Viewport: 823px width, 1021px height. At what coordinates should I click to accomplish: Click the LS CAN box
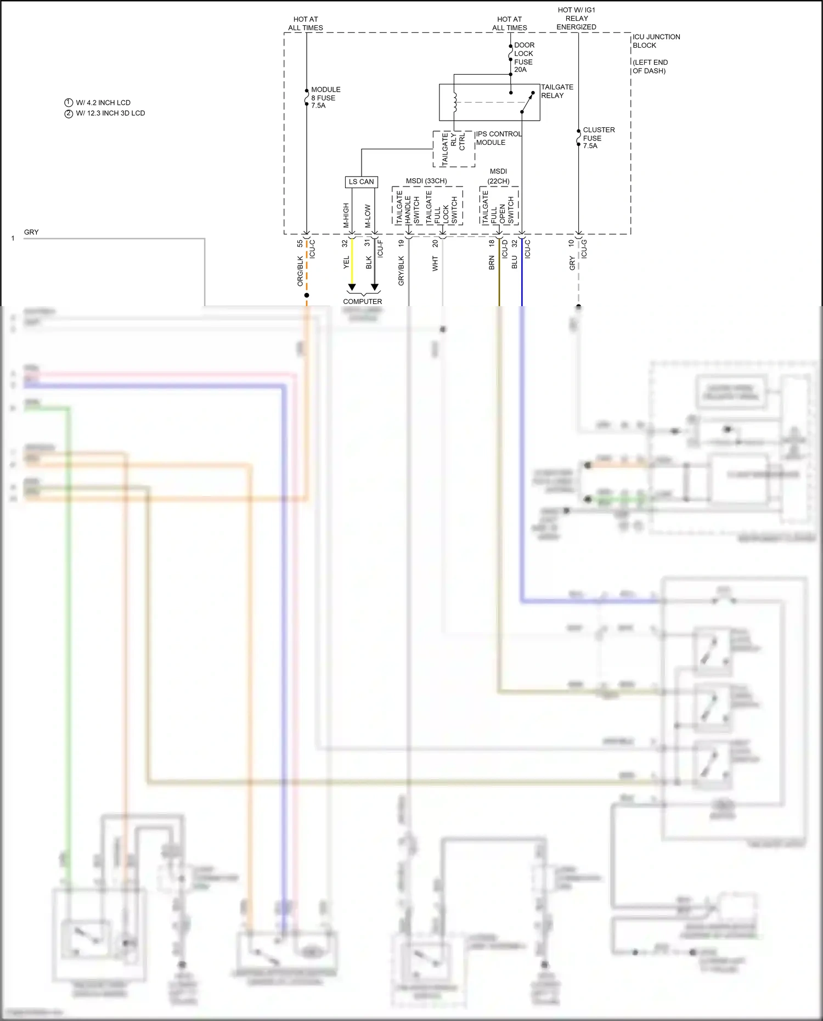[361, 182]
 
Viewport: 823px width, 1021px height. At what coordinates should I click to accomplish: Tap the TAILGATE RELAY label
[556, 91]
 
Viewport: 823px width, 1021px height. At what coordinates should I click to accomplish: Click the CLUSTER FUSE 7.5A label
[598, 138]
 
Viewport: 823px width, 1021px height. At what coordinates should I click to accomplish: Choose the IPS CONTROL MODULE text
[498, 138]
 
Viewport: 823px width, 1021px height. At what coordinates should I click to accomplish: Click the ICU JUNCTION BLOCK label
[656, 41]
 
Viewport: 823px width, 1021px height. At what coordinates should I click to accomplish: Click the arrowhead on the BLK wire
[375, 287]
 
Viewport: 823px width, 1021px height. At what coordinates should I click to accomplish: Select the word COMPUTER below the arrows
[362, 301]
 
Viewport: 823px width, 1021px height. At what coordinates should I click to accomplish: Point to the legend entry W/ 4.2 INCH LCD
[103, 103]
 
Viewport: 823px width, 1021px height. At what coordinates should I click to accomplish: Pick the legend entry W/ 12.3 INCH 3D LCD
[110, 113]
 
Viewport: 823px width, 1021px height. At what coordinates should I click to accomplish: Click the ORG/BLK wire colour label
[300, 271]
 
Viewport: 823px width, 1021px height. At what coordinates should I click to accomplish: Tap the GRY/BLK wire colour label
[401, 270]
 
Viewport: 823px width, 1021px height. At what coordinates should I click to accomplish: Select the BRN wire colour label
[492, 263]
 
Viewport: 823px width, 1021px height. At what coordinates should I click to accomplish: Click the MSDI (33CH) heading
[426, 181]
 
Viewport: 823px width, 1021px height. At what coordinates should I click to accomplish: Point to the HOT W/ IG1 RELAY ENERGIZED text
[576, 18]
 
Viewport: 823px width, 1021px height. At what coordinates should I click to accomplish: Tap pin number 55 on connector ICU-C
[300, 243]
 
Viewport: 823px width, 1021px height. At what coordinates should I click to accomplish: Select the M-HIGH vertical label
[346, 215]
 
